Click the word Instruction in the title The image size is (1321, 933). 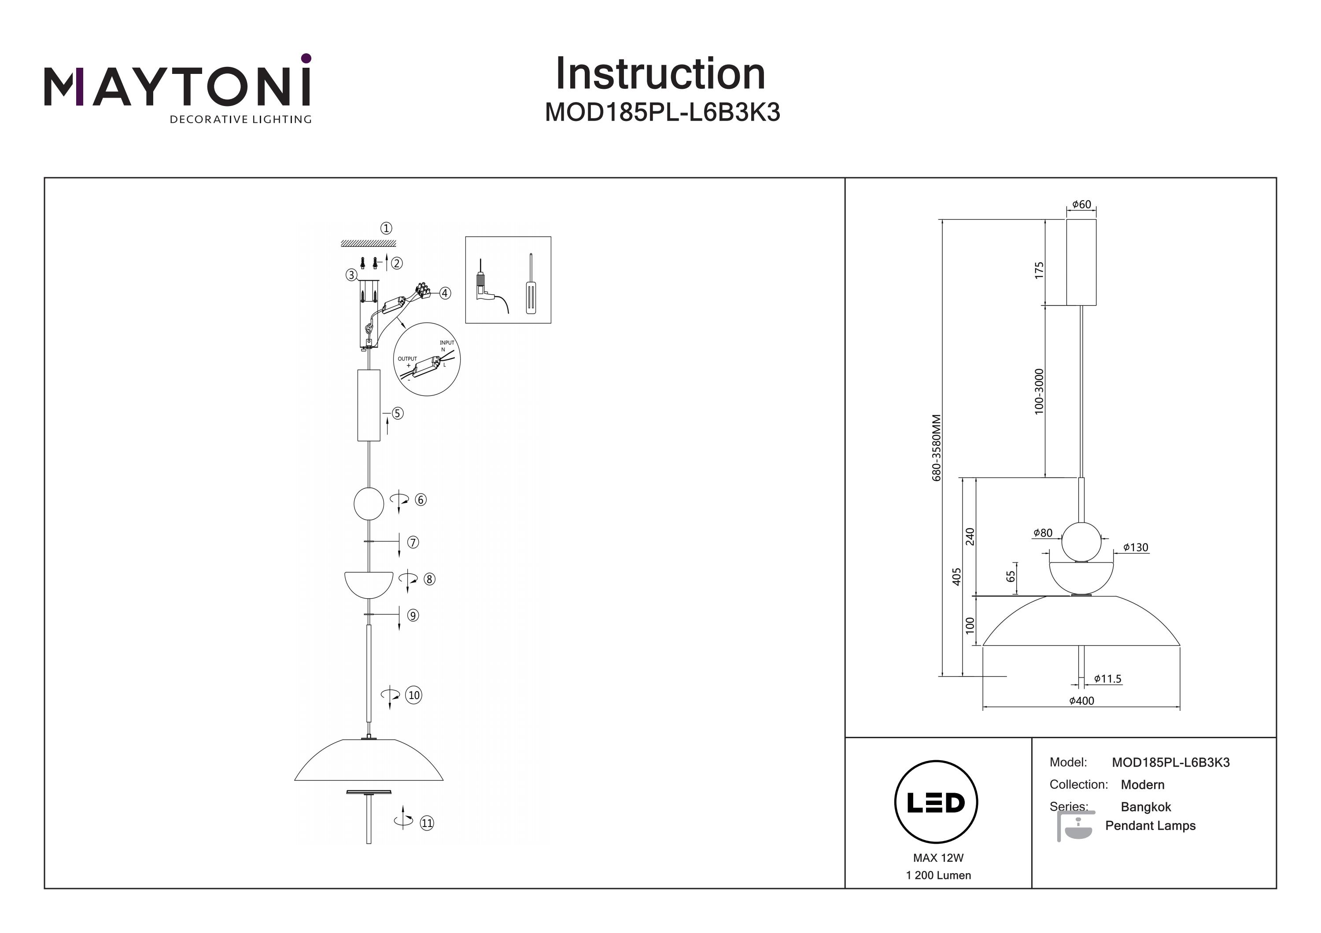pos(660,74)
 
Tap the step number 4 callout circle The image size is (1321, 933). pos(445,293)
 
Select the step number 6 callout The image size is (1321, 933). pos(421,500)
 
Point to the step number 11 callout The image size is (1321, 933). pos(426,823)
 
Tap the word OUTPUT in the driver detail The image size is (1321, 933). pos(407,359)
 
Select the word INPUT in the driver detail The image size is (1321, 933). pos(447,343)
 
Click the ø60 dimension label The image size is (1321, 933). pos(1081,205)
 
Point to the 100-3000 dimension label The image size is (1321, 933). pos(1038,391)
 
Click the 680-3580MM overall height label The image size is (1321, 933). pos(937,448)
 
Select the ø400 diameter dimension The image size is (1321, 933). pos(1081,701)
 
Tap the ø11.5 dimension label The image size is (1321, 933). pos(1107,679)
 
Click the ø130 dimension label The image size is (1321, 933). pos(1135,548)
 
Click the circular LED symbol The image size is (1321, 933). pos(936,802)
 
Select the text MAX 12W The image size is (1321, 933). pos(938,858)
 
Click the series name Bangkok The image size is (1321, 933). pos(1145,807)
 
